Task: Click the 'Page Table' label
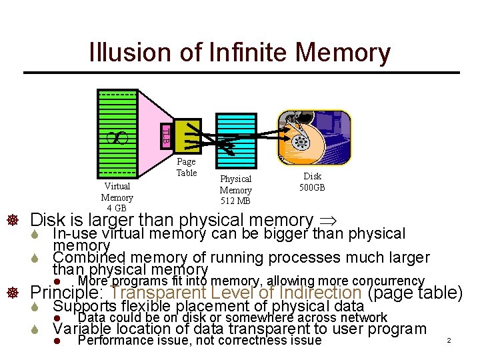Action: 186,167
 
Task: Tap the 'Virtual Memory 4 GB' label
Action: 117,197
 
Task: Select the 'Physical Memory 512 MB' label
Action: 235,190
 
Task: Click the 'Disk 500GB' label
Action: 313,181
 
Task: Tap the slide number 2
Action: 449,341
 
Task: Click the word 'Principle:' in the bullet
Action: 69,293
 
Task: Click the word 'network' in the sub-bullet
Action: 363,317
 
